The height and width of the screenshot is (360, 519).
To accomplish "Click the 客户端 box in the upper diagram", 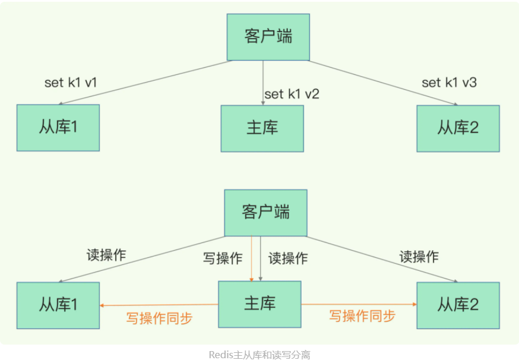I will tap(268, 36).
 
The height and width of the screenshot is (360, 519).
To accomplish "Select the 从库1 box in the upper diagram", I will tap(58, 127).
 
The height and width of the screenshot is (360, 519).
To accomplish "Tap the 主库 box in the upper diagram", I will tap(262, 128).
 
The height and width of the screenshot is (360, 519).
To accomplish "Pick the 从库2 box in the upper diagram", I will tap(458, 128).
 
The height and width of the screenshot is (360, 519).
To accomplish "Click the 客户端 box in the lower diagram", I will tap(265, 213).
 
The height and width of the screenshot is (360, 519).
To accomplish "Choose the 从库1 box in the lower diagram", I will tap(58, 305).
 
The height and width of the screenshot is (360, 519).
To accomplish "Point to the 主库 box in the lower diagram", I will tap(259, 304).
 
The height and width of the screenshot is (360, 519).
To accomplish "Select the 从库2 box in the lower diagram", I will tap(458, 305).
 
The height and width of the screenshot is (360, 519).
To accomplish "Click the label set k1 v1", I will tap(70, 83).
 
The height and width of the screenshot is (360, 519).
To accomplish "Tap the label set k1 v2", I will tap(292, 94).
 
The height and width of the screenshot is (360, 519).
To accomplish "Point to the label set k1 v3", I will tap(449, 83).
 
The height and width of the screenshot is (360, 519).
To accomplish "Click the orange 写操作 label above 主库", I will tap(223, 258).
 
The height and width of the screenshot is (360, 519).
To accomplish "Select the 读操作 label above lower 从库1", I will tap(106, 255).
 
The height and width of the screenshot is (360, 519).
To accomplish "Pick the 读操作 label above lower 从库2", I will tap(419, 257).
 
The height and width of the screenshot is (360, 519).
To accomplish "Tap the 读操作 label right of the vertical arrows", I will tap(288, 258).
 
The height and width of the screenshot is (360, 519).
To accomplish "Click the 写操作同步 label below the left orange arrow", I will tap(159, 318).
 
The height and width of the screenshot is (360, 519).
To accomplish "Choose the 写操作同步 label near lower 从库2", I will tap(362, 316).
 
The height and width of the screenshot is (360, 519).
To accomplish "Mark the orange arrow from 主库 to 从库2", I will tap(359, 304).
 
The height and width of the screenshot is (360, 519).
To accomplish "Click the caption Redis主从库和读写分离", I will tap(259, 355).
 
